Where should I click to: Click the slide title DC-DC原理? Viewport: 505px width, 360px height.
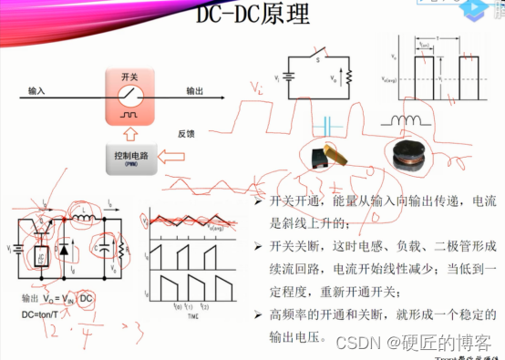(252, 15)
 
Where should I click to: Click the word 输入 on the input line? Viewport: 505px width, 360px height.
(38, 91)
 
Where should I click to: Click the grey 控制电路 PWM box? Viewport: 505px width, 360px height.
(129, 162)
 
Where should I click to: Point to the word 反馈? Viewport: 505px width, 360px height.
(186, 133)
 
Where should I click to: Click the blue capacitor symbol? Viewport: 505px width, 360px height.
(327, 123)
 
